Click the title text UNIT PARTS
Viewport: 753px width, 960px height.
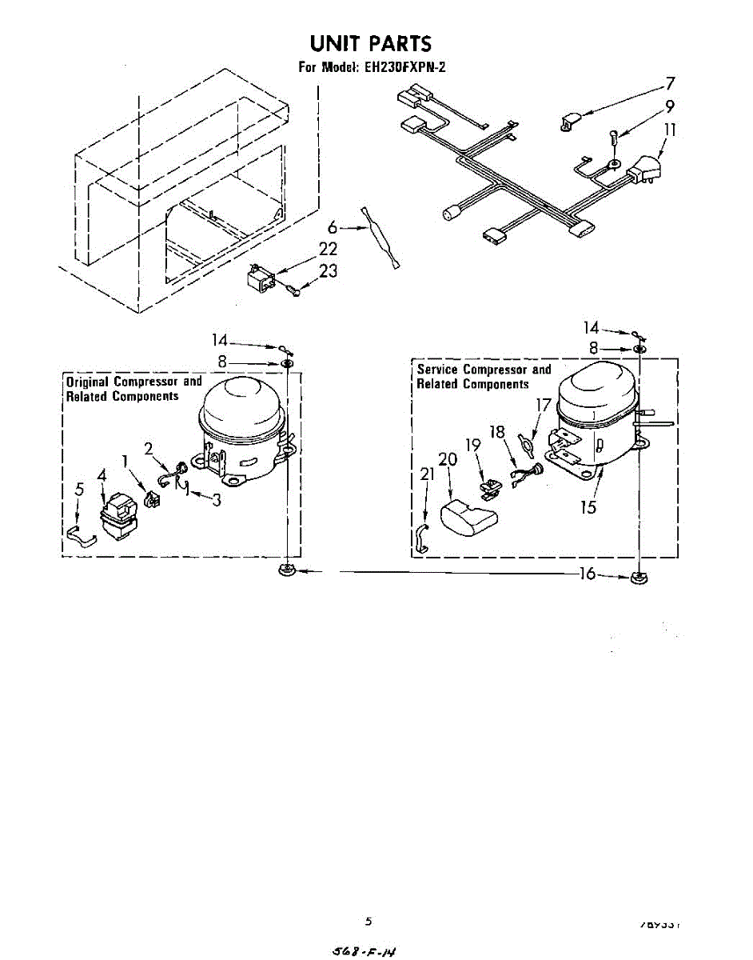[370, 43]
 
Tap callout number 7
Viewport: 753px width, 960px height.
[670, 83]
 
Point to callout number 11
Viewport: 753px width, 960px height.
[670, 129]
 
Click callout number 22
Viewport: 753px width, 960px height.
[328, 250]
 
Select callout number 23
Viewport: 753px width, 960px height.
[328, 272]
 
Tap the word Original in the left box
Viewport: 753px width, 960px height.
[87, 382]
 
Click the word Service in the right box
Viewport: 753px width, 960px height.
[437, 370]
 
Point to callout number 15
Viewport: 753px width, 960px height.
[589, 507]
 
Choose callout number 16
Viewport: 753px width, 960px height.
[588, 573]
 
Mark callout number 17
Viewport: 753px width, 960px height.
[544, 405]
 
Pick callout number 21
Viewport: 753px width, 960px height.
[427, 474]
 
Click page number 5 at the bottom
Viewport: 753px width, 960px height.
[369, 921]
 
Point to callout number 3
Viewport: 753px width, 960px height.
[216, 501]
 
